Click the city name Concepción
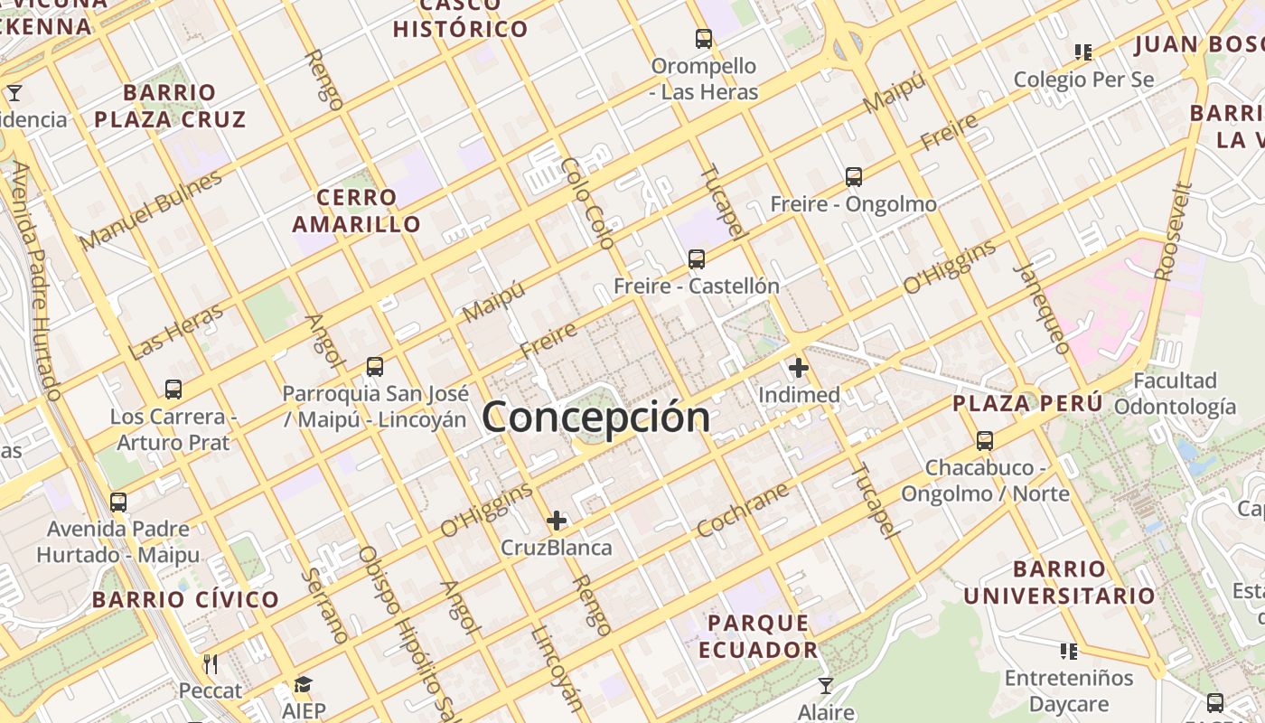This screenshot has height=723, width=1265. (x=596, y=418)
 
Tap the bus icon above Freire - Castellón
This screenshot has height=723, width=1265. (x=696, y=259)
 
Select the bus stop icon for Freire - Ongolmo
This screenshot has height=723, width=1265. (x=853, y=177)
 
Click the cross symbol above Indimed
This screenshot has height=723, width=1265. (x=799, y=368)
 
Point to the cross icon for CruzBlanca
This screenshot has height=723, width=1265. (x=557, y=521)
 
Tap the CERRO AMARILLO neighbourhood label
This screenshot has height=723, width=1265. (x=357, y=211)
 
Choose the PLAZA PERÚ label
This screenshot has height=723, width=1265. (x=1027, y=403)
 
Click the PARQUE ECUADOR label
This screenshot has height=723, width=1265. (x=758, y=636)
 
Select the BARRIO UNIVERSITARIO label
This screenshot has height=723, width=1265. (x=1059, y=583)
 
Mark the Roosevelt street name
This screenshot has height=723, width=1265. (x=1174, y=231)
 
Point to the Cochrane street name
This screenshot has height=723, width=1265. (x=743, y=510)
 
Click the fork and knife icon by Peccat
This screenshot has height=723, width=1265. (x=211, y=664)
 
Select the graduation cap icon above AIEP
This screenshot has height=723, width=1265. (x=303, y=685)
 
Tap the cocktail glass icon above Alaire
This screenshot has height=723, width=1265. (x=825, y=686)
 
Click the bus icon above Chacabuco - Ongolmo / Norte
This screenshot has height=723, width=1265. (x=985, y=441)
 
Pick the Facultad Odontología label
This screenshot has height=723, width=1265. (x=1175, y=393)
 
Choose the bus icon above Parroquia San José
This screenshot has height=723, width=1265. (x=375, y=367)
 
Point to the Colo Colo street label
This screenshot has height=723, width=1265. (x=587, y=202)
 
